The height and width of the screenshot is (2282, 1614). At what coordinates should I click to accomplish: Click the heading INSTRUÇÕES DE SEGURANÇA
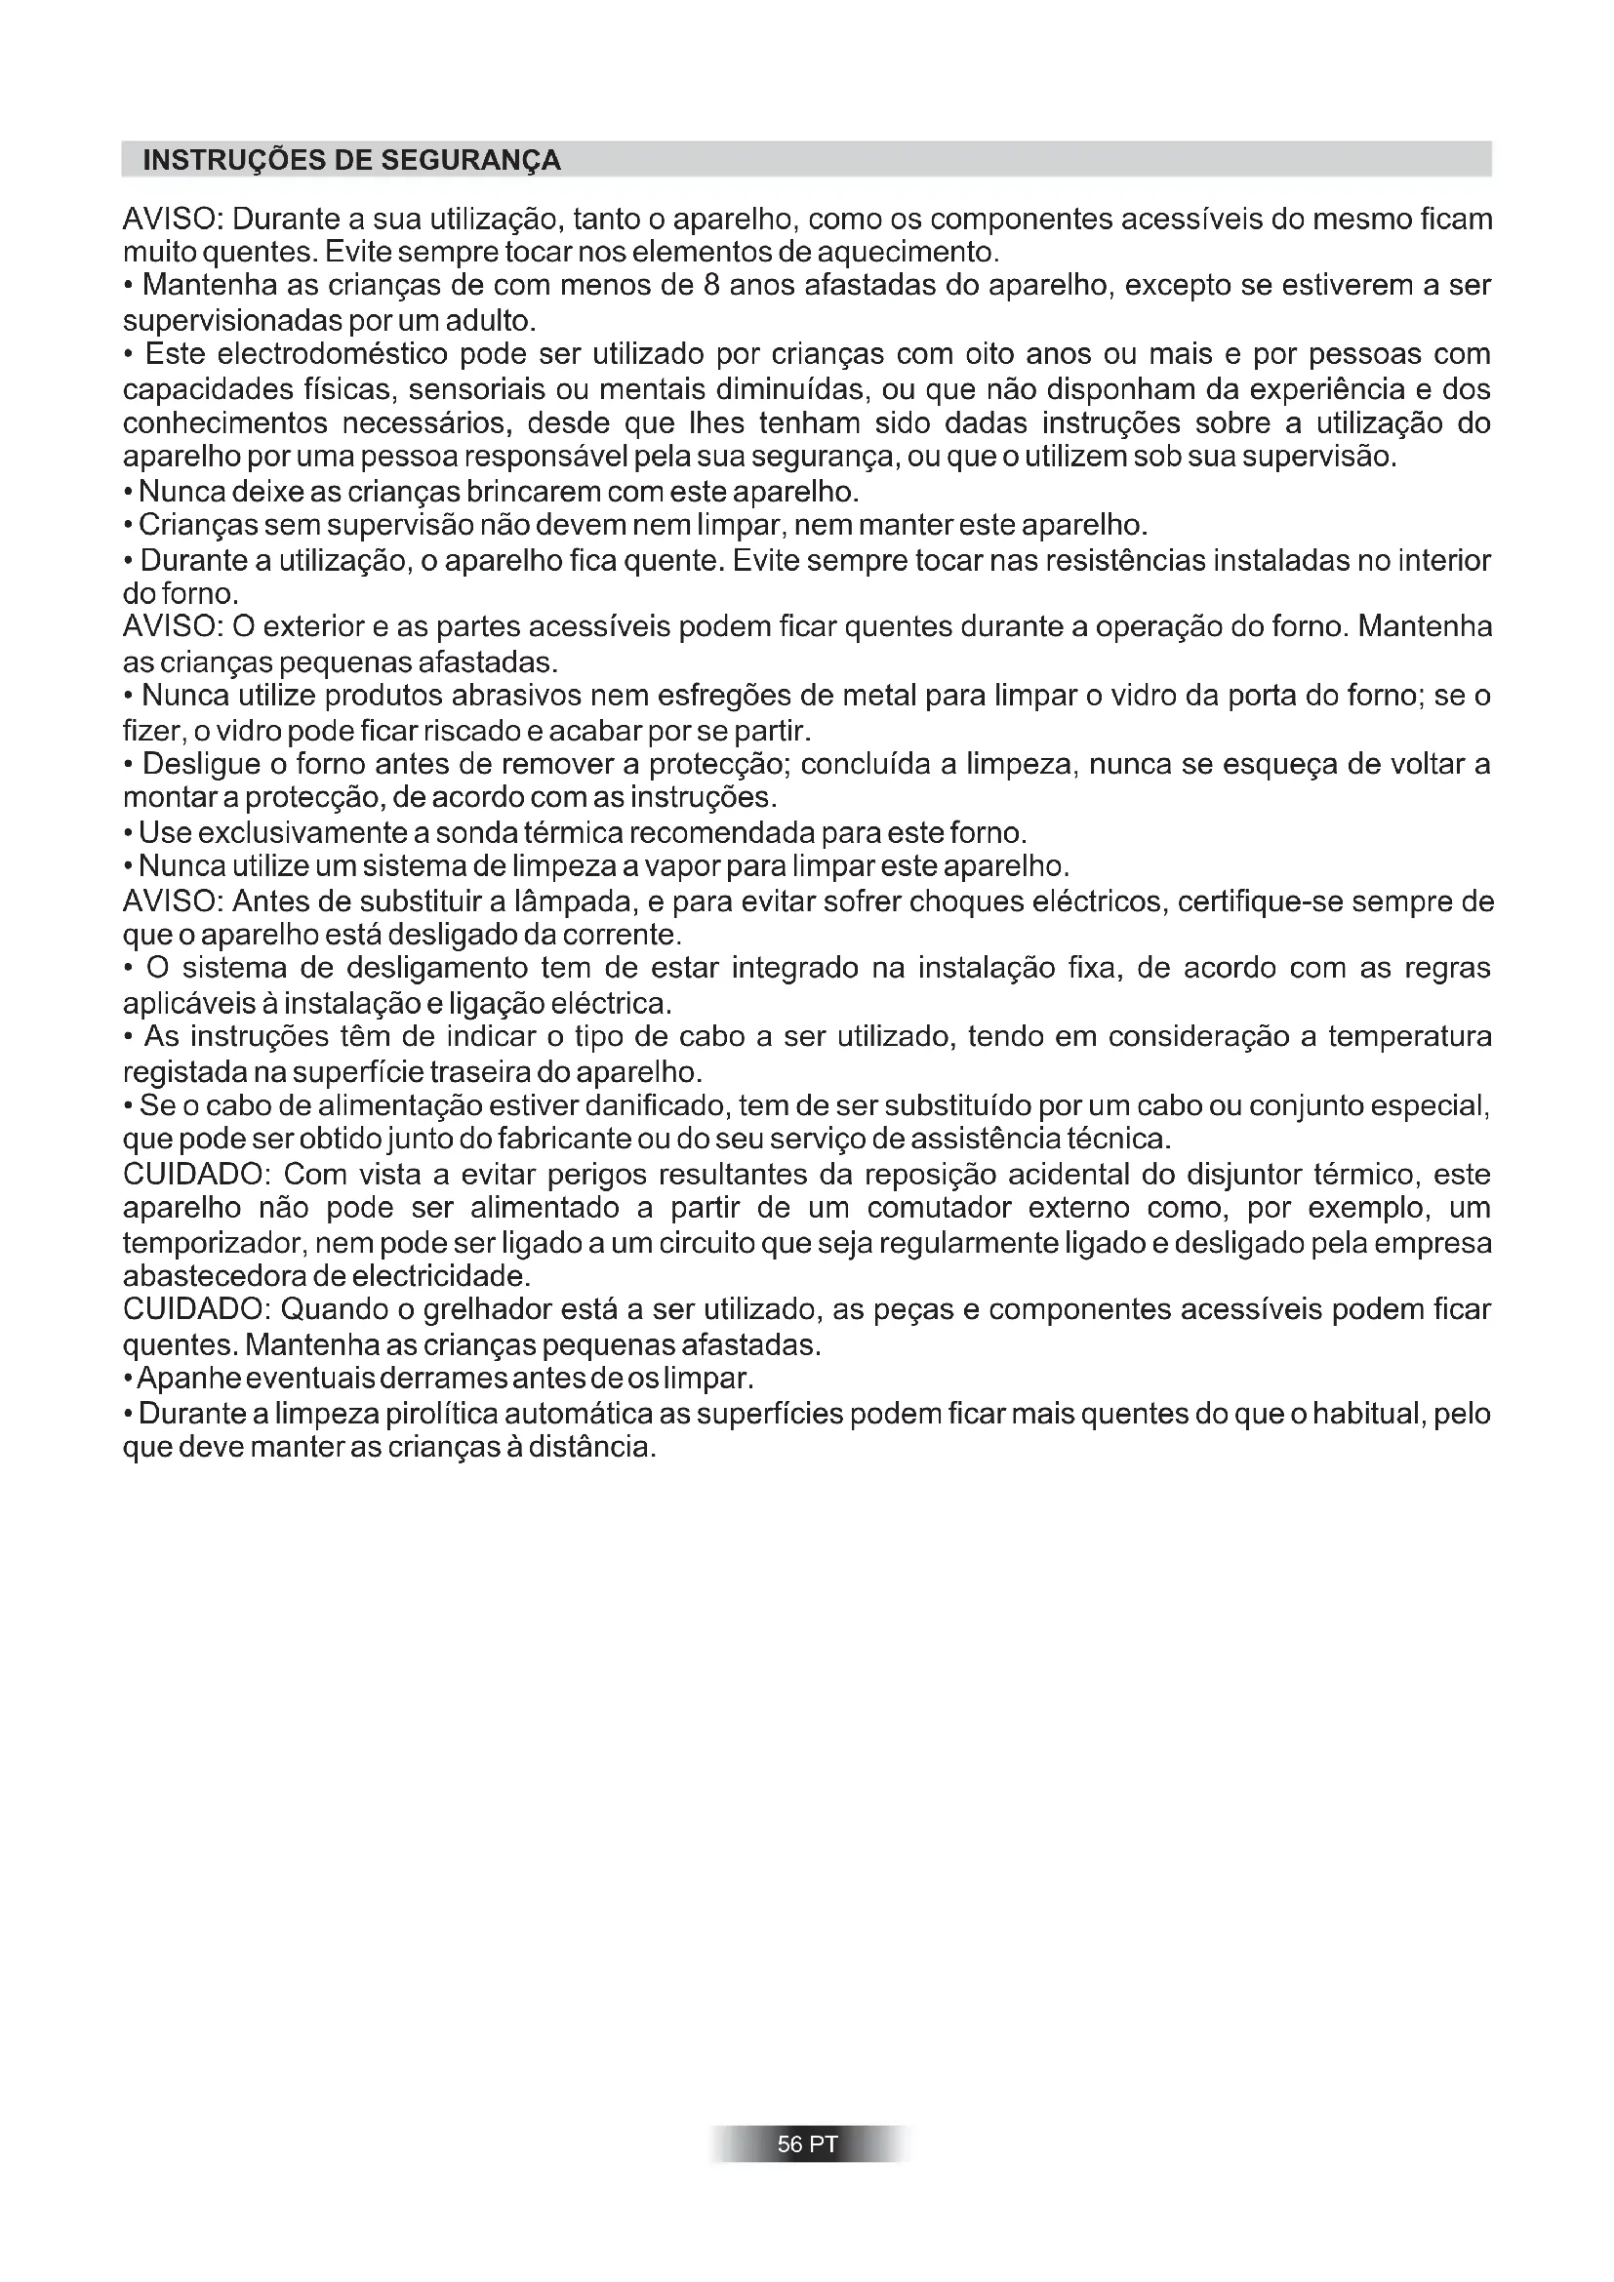click(352, 160)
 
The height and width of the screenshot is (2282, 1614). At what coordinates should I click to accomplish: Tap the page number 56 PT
click(807, 2143)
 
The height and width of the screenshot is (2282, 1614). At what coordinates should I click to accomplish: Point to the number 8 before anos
click(710, 286)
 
